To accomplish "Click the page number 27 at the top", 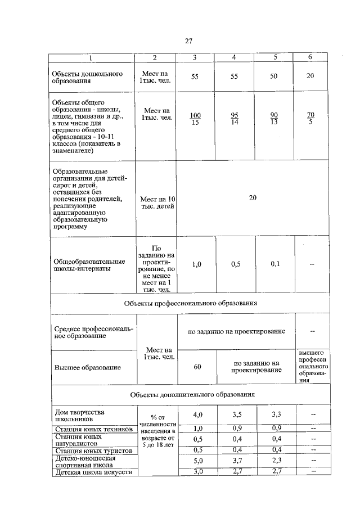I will (x=188, y=40).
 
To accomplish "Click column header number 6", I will (x=310, y=57).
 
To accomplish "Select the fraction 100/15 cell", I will (x=195, y=119).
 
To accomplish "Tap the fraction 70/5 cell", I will (x=310, y=119).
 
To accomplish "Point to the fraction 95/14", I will (x=235, y=119).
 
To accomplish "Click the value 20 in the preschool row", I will (x=310, y=76).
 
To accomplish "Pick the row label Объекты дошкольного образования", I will (x=79, y=77).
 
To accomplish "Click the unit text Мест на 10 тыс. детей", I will (x=156, y=202).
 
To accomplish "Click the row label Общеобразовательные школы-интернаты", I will (x=88, y=264).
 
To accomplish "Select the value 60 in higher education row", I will (x=197, y=367).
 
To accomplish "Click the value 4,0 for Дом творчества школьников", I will (x=197, y=415).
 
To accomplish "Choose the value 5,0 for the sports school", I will (x=197, y=461).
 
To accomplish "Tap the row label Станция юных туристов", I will (x=92, y=451).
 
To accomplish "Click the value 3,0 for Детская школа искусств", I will (x=197, y=471).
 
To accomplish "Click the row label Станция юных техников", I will (x=93, y=429).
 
